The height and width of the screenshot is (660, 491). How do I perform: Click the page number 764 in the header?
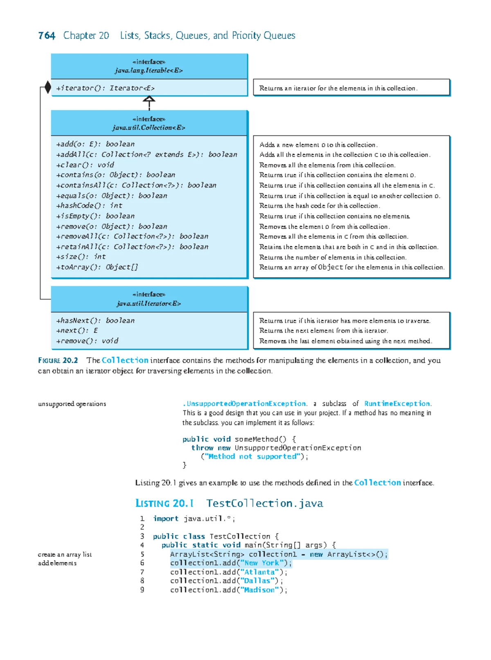[47, 36]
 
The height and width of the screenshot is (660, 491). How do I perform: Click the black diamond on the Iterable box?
[48, 87]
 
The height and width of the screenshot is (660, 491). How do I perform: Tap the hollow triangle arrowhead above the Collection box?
[149, 99]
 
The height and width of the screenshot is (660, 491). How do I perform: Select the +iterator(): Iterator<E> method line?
[105, 88]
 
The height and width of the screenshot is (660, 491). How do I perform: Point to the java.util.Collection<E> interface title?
[149, 128]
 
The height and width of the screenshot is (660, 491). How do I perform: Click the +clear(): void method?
[85, 165]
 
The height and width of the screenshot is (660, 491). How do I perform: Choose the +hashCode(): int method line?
[89, 206]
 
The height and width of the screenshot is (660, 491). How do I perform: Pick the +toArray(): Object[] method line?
[97, 267]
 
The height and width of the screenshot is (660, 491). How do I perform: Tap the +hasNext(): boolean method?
[95, 321]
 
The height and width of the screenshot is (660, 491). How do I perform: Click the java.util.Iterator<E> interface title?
[149, 303]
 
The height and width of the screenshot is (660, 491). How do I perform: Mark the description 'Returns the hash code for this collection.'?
[320, 206]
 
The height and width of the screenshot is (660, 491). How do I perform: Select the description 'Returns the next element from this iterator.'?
[323, 331]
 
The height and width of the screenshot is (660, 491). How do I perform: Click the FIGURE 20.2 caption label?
[58, 361]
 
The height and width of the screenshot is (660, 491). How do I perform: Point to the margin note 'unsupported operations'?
[72, 404]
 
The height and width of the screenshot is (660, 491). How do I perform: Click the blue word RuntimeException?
[397, 404]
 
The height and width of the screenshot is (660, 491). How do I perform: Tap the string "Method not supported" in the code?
[252, 457]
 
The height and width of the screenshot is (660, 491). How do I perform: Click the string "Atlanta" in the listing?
[260, 572]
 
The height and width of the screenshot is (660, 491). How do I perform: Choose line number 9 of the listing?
[142, 590]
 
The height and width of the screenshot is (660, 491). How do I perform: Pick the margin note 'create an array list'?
[65, 555]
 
